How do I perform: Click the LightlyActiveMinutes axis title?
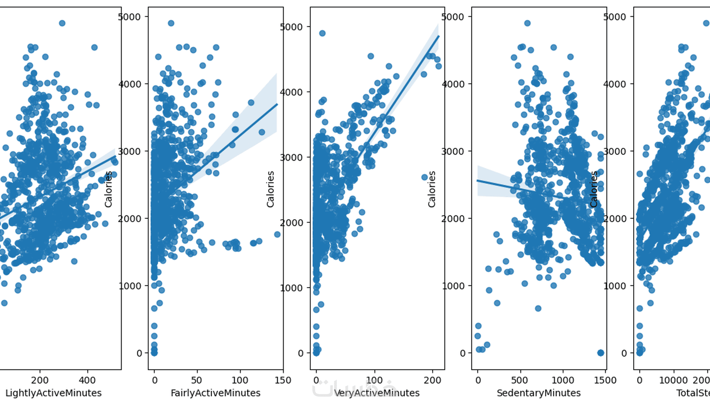coord(53,393)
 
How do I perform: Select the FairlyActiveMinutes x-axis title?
coord(216,393)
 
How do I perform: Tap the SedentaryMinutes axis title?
coord(538,393)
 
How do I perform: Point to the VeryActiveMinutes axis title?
coord(377,393)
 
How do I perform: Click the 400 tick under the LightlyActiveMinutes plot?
coord(87,380)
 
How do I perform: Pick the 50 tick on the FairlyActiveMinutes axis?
coord(197,380)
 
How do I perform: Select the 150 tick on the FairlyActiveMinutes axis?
coord(283,380)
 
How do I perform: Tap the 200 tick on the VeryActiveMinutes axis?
coord(433,380)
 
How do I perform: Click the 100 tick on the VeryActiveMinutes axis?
coord(375,380)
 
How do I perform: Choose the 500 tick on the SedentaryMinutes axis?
coord(520,380)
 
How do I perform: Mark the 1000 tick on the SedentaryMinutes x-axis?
coord(563,380)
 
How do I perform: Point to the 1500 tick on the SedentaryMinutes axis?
coord(605,380)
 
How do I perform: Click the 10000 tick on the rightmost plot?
coord(673,380)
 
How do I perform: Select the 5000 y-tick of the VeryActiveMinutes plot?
coord(291,27)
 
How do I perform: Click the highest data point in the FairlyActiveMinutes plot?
coord(171,23)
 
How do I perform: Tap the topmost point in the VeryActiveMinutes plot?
coord(322,33)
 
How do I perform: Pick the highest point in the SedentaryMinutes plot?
coord(527,23)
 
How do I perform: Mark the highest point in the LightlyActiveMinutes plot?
coord(62,23)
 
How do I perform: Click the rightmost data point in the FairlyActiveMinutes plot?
coord(277,235)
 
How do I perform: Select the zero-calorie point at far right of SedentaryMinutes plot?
coord(601,353)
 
